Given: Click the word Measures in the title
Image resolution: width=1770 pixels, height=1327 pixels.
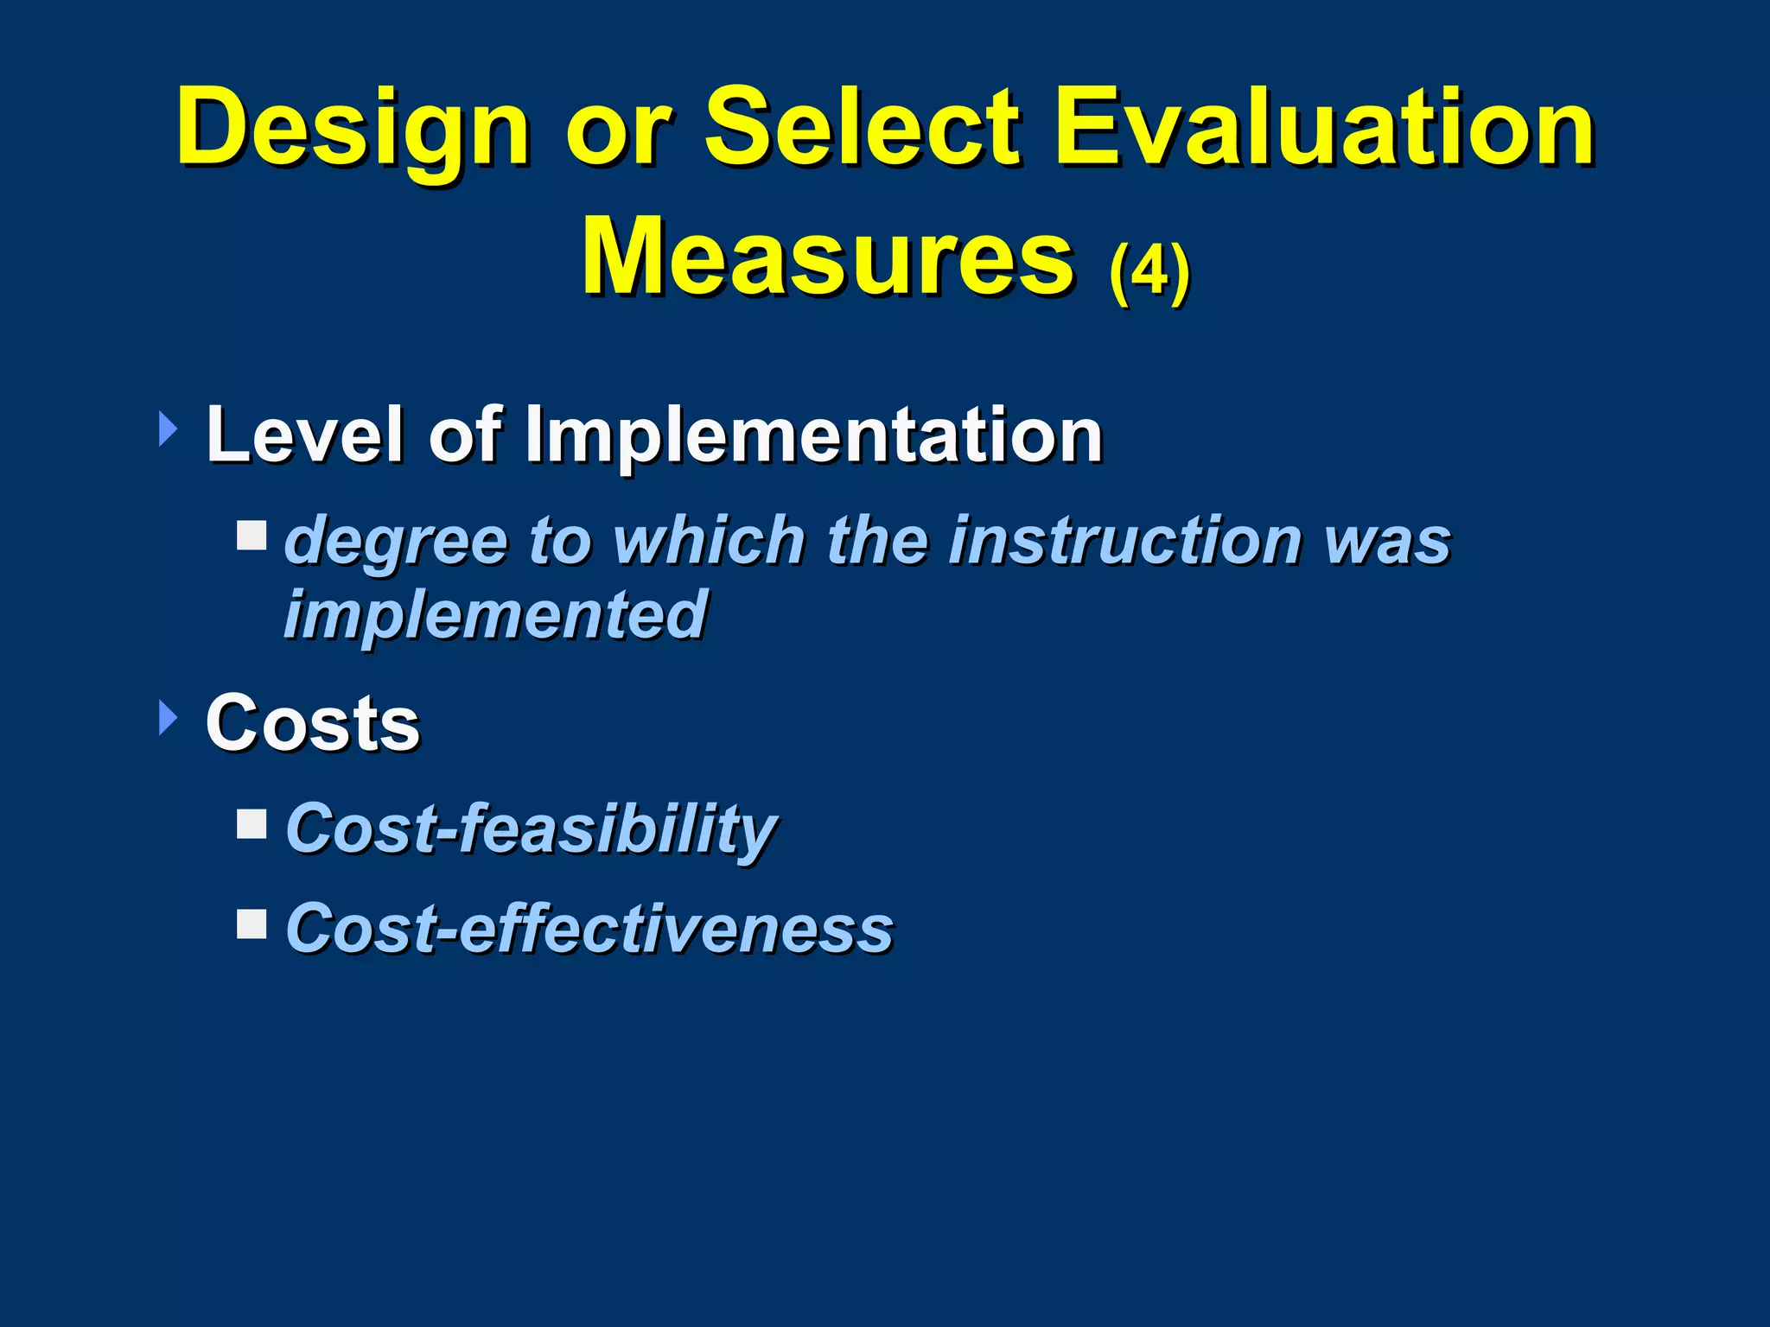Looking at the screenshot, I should (828, 257).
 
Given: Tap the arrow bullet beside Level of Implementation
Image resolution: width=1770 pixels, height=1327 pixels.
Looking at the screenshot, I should (169, 429).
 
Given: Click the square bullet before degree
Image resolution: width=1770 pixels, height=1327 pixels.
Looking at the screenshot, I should (251, 535).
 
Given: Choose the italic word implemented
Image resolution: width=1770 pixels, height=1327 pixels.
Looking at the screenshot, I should (496, 614).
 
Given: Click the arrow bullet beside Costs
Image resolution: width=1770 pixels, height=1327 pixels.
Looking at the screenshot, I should (169, 718).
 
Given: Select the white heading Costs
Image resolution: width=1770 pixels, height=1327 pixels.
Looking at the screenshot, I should (313, 723).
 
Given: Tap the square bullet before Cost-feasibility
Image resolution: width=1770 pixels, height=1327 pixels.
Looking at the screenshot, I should (251, 824).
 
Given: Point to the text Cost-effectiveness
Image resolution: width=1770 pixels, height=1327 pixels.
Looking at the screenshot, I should (589, 929).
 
